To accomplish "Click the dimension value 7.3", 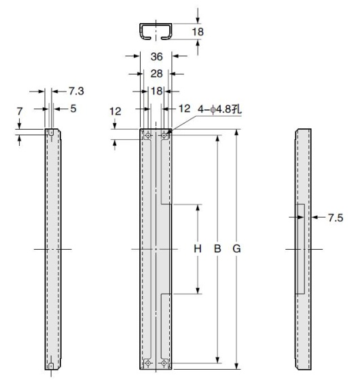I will click(76, 90).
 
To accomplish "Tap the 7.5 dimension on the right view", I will click(336, 218).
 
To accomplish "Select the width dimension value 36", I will click(156, 58).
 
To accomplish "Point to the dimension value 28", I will click(156, 73).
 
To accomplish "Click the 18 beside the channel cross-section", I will click(198, 31).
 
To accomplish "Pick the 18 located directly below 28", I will click(156, 90).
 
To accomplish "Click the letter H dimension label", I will click(198, 249).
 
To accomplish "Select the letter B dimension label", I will click(217, 249).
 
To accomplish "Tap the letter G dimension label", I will click(236, 249).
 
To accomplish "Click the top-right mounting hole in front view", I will click(165, 136).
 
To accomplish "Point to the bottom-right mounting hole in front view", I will click(165, 364).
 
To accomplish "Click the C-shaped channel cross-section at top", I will click(156, 32).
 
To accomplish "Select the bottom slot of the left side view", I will click(51, 367).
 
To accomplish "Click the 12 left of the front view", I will click(115, 111).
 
